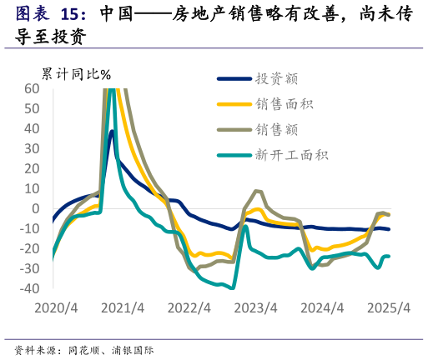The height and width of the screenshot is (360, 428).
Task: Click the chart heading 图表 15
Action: (50, 14)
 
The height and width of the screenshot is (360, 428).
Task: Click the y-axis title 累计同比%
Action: (76, 74)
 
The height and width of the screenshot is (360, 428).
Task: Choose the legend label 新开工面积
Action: (292, 155)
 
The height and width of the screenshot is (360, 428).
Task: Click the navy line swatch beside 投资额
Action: (233, 79)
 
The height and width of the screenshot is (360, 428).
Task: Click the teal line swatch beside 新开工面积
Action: (233, 155)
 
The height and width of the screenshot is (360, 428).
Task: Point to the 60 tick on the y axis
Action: (32, 89)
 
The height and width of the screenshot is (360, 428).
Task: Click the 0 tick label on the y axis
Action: (36, 209)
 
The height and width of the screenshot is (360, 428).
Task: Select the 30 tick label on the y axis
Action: (32, 149)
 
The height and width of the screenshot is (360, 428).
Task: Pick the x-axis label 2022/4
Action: (189, 307)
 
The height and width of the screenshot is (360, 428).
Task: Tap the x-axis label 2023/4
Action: (257, 307)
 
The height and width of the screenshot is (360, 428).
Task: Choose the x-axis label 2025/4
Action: (390, 307)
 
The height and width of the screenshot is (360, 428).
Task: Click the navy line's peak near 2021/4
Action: (112, 131)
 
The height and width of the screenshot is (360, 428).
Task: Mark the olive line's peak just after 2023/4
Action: (257, 191)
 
